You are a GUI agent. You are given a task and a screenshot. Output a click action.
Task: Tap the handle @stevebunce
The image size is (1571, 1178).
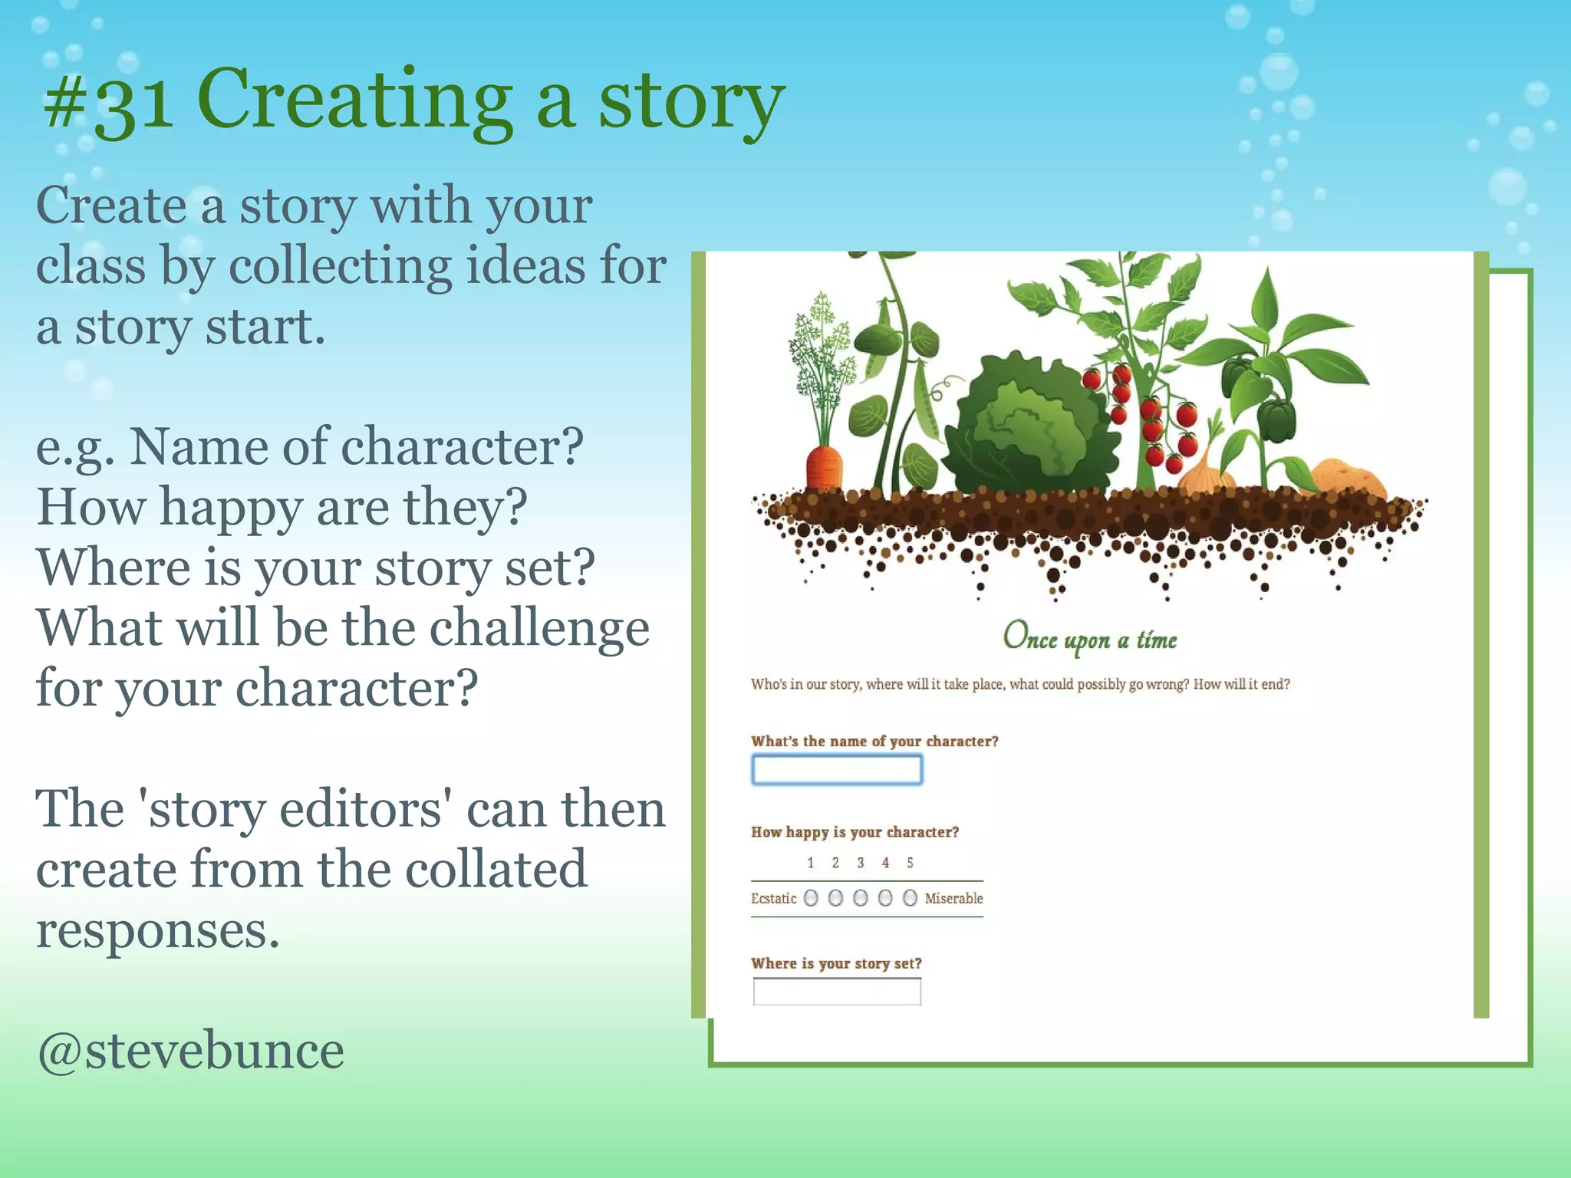tap(190, 1051)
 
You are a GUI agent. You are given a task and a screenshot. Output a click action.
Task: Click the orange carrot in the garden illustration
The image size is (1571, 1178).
tap(823, 466)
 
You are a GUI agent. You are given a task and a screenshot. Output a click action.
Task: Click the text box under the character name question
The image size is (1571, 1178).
tap(837, 769)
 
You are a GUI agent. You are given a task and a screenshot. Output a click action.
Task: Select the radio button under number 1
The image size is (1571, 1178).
tap(811, 898)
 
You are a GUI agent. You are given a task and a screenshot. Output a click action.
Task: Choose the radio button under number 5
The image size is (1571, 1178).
tap(910, 898)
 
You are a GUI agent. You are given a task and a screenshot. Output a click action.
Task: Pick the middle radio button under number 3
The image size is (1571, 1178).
tap(860, 898)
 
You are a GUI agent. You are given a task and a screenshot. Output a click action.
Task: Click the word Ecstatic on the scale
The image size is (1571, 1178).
tap(773, 898)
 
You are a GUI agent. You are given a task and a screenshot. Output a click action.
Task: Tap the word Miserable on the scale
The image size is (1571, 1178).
tap(953, 898)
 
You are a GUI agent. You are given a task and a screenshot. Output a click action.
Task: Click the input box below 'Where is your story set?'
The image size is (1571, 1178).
tap(837, 992)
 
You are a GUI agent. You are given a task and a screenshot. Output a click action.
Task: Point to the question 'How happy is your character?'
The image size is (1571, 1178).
tap(855, 832)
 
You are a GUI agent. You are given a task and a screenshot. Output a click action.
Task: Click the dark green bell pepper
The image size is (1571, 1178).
tap(1276, 420)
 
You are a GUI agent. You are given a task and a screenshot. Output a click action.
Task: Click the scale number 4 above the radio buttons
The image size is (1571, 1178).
tap(885, 863)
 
